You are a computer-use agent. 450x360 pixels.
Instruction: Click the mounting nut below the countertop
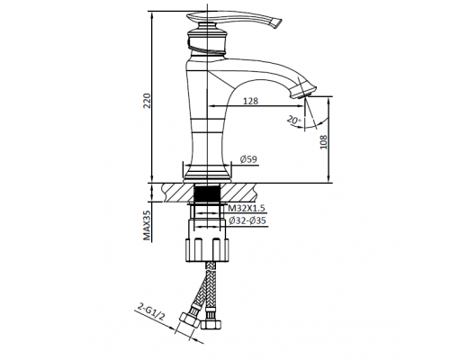(208, 245)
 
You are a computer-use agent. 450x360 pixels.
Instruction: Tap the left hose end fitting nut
(190, 322)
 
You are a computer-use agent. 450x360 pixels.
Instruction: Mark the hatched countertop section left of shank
(175, 191)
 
